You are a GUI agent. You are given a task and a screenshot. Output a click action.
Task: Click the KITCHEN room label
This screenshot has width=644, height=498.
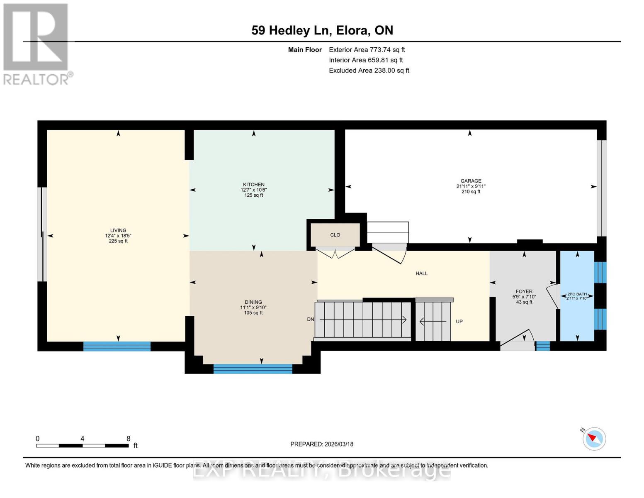click(x=254, y=185)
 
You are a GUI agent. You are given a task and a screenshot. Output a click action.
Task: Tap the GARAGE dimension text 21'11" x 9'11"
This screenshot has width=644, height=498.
click(x=471, y=186)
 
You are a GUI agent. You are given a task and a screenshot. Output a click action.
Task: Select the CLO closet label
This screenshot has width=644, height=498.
click(x=335, y=235)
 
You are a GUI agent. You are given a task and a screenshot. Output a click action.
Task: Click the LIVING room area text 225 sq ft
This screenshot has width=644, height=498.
click(x=118, y=241)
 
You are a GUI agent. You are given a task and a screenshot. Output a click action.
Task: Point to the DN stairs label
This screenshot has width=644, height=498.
click(x=310, y=319)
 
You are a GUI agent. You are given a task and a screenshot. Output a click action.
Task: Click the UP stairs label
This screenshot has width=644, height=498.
click(x=459, y=322)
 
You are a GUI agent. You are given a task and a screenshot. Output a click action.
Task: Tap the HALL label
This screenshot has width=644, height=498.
click(x=421, y=273)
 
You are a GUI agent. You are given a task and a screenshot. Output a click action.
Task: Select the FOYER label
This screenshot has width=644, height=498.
click(x=524, y=291)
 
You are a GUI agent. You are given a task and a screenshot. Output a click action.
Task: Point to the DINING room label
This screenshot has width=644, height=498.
click(x=253, y=302)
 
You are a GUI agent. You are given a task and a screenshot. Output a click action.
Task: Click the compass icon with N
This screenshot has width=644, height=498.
click(x=594, y=439)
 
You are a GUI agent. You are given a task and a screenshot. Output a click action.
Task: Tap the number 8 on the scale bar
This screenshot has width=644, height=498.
click(x=129, y=439)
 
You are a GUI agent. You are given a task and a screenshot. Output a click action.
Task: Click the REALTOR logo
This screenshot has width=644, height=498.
click(x=36, y=44)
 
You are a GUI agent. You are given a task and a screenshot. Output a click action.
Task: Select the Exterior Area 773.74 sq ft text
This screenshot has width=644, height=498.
click(x=367, y=50)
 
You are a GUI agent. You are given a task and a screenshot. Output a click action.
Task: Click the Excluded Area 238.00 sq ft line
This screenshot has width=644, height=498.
click(x=369, y=71)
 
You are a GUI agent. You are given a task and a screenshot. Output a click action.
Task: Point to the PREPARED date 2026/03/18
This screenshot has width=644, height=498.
click(x=322, y=444)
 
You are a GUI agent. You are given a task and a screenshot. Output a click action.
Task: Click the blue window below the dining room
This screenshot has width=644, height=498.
click(x=253, y=369)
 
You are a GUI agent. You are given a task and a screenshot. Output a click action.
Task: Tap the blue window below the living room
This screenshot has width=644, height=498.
click(x=117, y=346)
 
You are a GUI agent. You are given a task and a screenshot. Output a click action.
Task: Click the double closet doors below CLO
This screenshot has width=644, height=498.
click(x=335, y=252)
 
